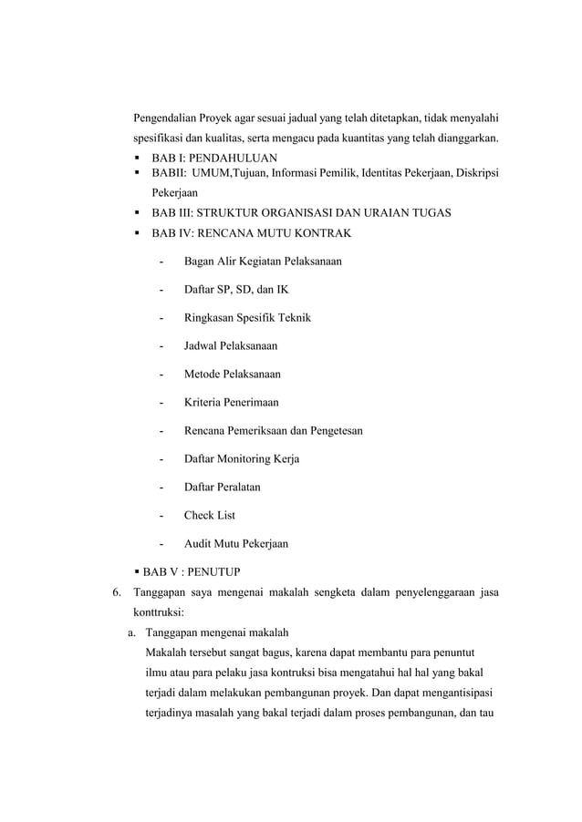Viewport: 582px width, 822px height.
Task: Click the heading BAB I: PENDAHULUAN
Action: pos(213,158)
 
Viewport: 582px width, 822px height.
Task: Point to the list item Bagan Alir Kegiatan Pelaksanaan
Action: pos(263,262)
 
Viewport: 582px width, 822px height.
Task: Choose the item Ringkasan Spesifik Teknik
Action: pos(247,318)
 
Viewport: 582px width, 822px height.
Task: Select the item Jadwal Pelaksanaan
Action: pos(231,346)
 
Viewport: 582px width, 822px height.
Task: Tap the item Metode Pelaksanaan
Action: pos(232,375)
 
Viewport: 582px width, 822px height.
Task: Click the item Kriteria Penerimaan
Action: pos(231,403)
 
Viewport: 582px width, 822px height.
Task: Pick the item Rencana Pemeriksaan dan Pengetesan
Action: pos(273,430)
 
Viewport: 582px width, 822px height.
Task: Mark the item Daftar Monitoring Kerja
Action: pos(241,458)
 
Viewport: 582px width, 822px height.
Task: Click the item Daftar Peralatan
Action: pos(222,487)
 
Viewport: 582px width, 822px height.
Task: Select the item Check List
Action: pos(209,515)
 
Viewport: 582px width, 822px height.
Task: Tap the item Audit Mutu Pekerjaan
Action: pos(235,544)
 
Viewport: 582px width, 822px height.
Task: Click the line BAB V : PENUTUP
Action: pos(191,572)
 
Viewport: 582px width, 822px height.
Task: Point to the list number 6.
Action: pos(116,595)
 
